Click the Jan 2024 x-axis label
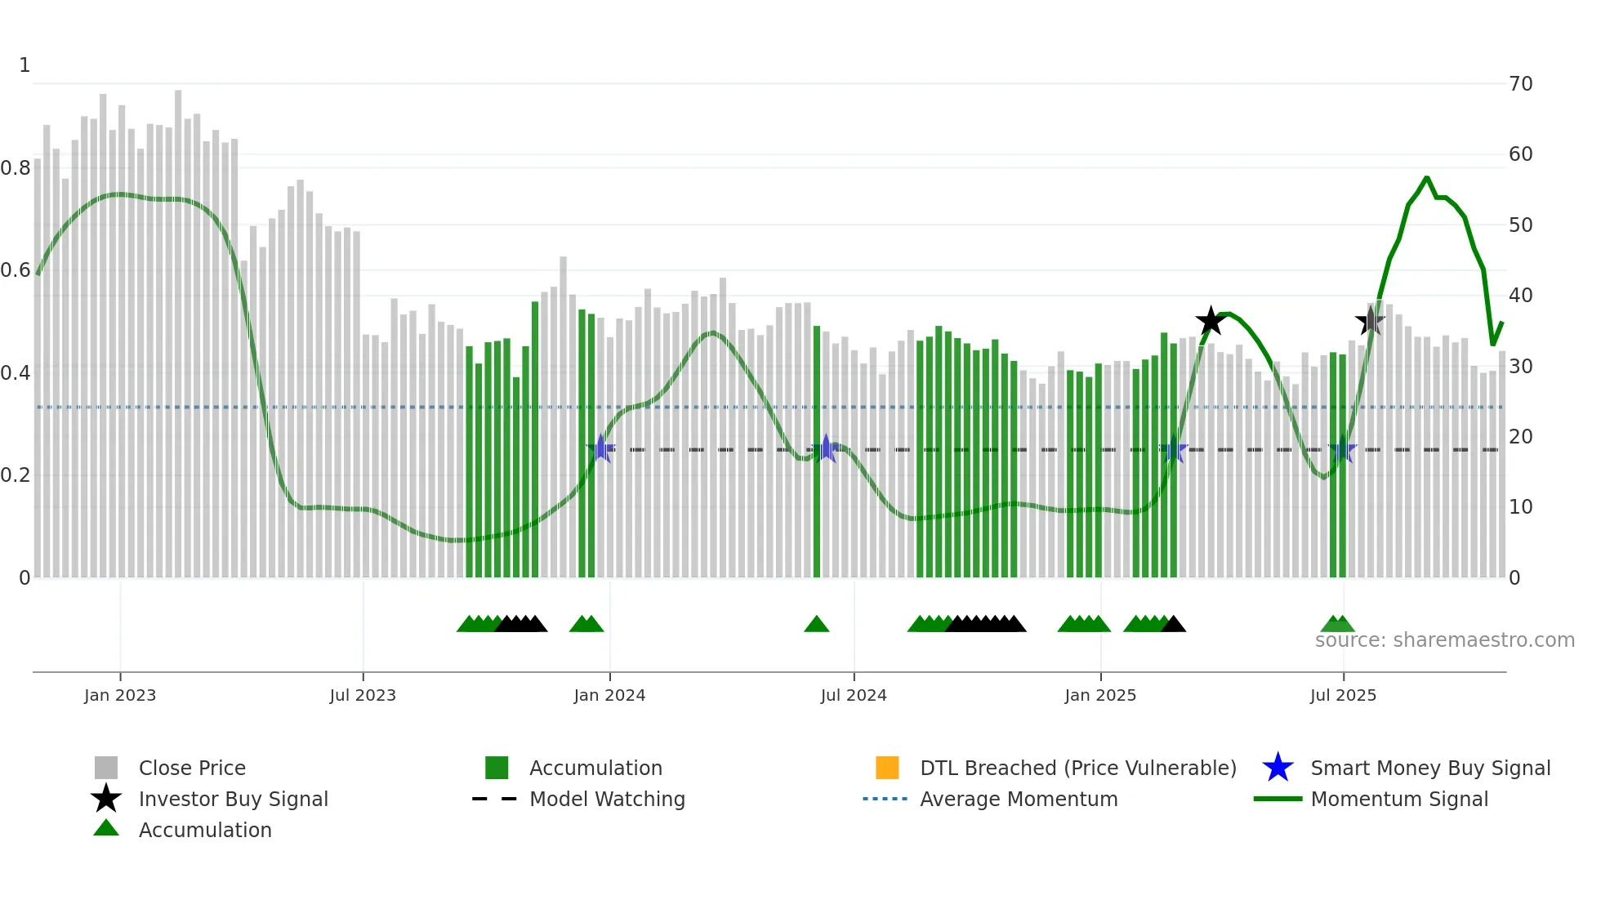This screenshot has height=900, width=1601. pyautogui.click(x=609, y=696)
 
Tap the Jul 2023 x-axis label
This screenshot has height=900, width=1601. pyautogui.click(x=363, y=696)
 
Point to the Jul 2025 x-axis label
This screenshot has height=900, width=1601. pyautogui.click(x=1343, y=696)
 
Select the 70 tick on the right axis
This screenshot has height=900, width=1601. pyautogui.click(x=1520, y=84)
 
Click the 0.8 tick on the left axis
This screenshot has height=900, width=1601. pyautogui.click(x=16, y=168)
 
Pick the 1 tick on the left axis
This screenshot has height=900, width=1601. pyautogui.click(x=25, y=65)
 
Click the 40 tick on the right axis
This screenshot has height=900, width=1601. pyautogui.click(x=1520, y=296)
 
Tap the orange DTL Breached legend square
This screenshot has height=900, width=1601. pyautogui.click(x=887, y=768)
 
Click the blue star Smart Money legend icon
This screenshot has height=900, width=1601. pyautogui.click(x=1278, y=768)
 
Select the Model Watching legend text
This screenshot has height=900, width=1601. pyautogui.click(x=607, y=800)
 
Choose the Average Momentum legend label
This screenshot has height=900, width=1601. pyautogui.click(x=1019, y=800)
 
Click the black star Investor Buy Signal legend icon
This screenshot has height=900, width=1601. pyautogui.click(x=106, y=799)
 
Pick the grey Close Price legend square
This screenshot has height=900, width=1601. pyautogui.click(x=106, y=768)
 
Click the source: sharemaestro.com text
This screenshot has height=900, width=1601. pyautogui.click(x=1444, y=640)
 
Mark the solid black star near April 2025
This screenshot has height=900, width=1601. pyautogui.click(x=1211, y=321)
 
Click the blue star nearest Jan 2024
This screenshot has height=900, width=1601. pyautogui.click(x=601, y=448)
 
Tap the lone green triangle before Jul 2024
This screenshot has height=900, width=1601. pyautogui.click(x=817, y=625)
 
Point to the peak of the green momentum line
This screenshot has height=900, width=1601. pyautogui.click(x=1426, y=177)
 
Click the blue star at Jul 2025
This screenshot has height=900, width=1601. pyautogui.click(x=1342, y=449)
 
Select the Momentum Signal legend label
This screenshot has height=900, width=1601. pyautogui.click(x=1399, y=800)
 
